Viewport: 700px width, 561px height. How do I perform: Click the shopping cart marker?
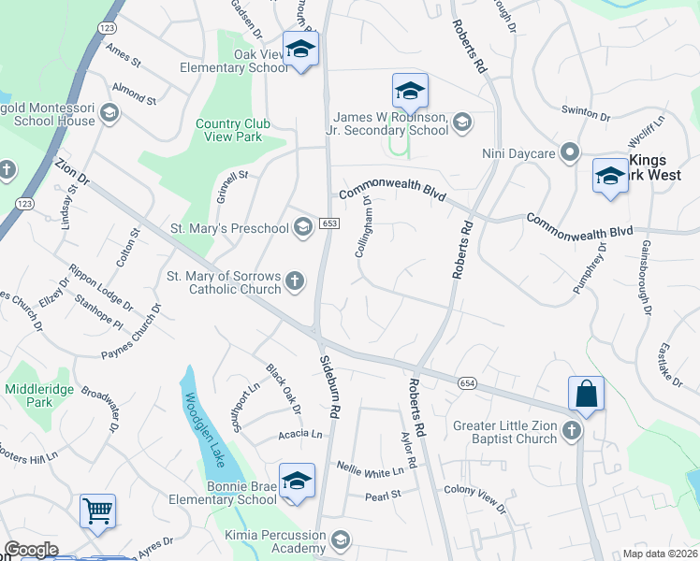97,511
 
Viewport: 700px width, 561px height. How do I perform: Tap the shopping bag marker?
586,393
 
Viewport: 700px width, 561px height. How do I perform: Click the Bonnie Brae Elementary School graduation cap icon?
297,481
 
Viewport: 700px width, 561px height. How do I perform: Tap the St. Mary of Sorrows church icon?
295,281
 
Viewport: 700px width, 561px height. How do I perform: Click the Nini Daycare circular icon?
570,152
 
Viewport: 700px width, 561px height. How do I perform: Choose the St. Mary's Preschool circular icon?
302,227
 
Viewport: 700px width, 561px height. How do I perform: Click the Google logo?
32,550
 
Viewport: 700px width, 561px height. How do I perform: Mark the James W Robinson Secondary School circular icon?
460,123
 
